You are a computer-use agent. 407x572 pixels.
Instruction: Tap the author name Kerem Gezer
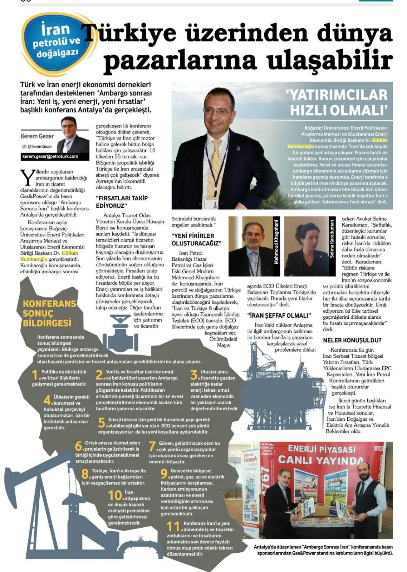click(37, 136)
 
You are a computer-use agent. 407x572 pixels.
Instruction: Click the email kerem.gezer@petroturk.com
click(50, 157)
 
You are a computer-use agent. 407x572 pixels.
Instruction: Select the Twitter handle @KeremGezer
click(39, 146)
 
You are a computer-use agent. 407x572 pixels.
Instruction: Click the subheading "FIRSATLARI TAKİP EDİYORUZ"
click(122, 202)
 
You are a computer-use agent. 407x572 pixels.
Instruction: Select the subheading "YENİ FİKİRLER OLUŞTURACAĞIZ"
click(196, 239)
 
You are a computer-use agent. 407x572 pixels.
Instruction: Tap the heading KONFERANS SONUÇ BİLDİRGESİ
click(49, 313)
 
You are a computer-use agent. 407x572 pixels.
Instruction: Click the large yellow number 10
click(116, 496)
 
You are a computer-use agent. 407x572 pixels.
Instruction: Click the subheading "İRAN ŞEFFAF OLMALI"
click(279, 316)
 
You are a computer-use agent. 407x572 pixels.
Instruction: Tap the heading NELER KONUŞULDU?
click(352, 340)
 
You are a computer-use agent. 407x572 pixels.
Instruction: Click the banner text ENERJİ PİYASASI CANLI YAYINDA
click(322, 454)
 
